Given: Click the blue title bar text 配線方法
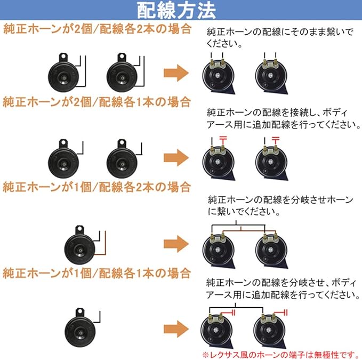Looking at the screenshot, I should tap(180, 10).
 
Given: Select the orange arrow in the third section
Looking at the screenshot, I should tap(176, 245).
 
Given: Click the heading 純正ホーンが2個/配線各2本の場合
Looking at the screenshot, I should tap(96, 28).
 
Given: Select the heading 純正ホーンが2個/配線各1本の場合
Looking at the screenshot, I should tap(96, 101).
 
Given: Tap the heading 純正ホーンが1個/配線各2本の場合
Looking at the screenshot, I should tap(96, 187).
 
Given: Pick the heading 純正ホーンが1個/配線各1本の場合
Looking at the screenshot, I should tap(96, 274).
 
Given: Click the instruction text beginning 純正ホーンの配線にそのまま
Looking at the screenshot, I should tap(279, 38).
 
